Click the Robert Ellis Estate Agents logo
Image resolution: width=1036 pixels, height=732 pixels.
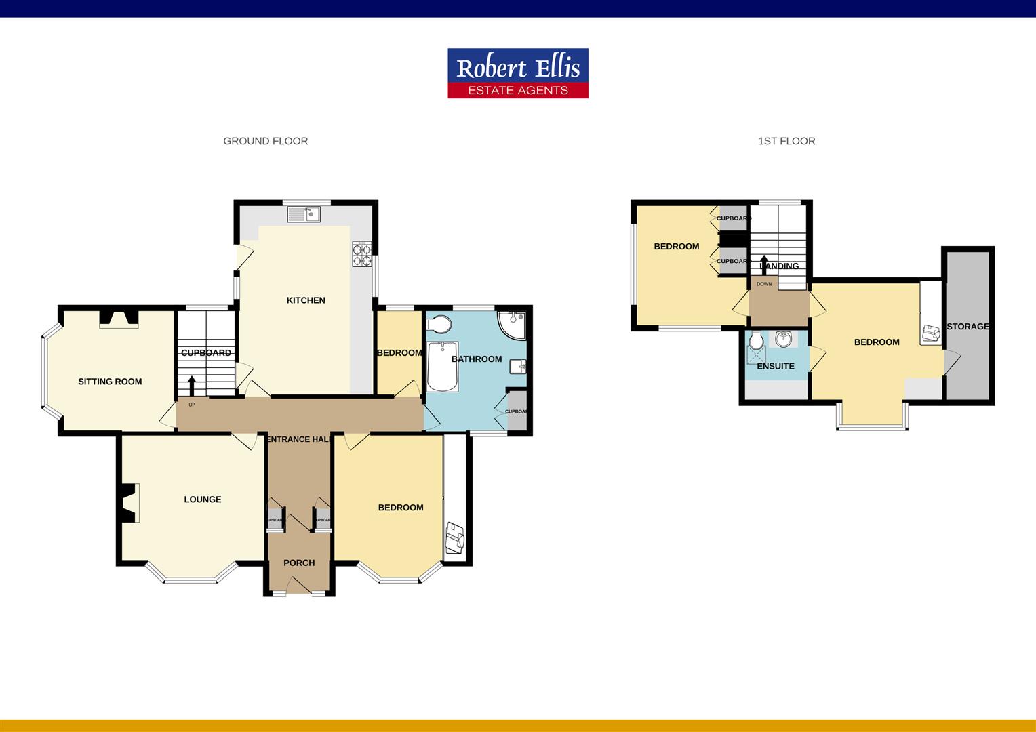pos(517,73)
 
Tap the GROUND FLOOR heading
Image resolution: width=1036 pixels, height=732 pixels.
pos(266,141)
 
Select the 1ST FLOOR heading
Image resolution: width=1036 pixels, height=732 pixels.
pos(786,141)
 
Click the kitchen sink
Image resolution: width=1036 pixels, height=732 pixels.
pos(304,215)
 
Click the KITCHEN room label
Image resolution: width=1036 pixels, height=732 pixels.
pos(306,300)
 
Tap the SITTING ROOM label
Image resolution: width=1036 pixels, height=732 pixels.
pos(110,382)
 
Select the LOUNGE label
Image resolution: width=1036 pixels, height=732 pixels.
pos(203,500)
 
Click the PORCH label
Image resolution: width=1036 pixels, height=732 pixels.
pos(299,563)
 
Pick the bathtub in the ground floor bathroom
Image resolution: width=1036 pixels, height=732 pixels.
pos(442,366)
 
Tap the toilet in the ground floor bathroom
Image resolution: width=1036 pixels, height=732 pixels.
pos(439,323)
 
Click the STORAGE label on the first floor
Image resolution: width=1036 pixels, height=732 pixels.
pos(968,327)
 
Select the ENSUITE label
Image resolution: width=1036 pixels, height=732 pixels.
pos(776,366)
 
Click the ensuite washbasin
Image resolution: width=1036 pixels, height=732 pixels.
pos(783,339)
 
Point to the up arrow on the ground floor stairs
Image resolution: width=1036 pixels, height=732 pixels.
pos(192,385)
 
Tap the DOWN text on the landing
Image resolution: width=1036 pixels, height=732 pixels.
pos(764,284)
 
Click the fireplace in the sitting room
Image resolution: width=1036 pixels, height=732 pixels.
pos(119,319)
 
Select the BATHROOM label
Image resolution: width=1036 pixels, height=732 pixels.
pos(477,359)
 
